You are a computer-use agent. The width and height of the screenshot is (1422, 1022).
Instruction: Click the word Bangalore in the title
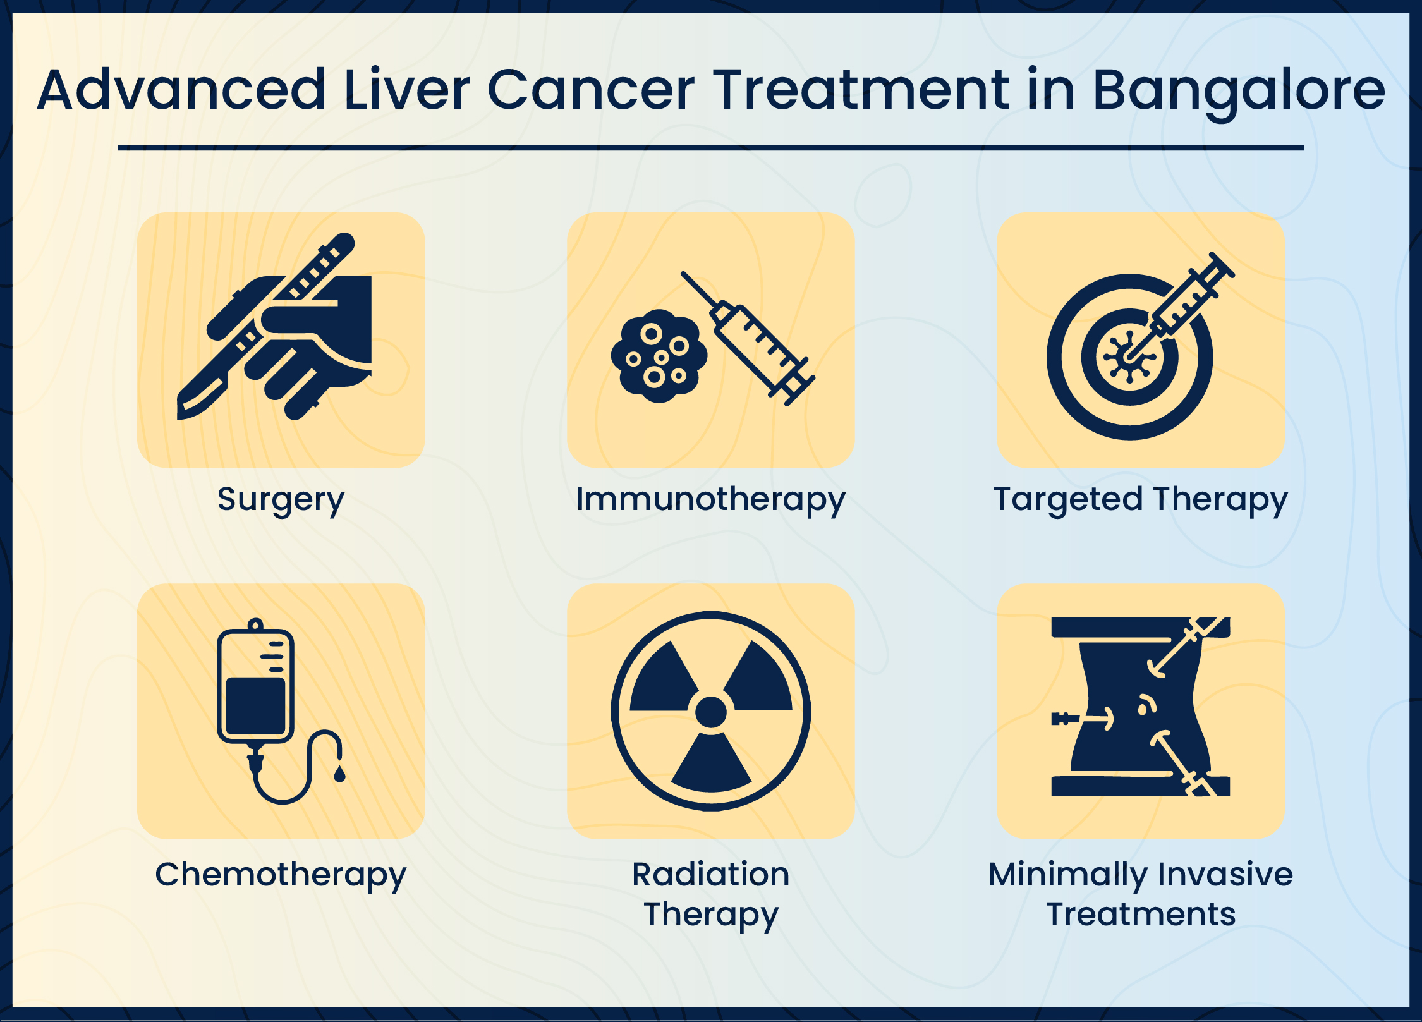point(1239,90)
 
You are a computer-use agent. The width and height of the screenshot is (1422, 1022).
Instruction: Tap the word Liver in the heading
point(407,90)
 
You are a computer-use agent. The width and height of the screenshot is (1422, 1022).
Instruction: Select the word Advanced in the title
point(181,90)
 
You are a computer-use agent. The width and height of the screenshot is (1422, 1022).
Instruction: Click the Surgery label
point(281,499)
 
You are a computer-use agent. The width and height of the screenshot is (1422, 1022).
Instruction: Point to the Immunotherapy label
point(710,499)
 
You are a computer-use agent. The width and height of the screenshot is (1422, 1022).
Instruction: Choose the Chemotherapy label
point(281,875)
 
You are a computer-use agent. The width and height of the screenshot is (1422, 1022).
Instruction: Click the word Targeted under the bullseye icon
point(1067,499)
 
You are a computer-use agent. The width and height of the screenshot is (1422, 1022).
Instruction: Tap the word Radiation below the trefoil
point(710,875)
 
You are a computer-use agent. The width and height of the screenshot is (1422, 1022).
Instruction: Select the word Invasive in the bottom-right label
point(1225,875)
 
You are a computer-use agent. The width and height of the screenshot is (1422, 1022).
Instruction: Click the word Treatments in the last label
point(1140,914)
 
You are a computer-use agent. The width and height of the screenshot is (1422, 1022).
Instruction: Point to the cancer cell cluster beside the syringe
point(659,356)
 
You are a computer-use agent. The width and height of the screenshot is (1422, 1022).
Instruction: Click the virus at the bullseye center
point(1129,358)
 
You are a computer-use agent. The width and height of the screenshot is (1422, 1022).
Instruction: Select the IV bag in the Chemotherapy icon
point(255,686)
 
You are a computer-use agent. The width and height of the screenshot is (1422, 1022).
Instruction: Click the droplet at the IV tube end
point(339,774)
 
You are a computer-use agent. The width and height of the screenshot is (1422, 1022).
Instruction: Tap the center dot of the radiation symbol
point(710,712)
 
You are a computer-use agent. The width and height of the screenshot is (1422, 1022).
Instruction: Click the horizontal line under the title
point(710,148)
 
